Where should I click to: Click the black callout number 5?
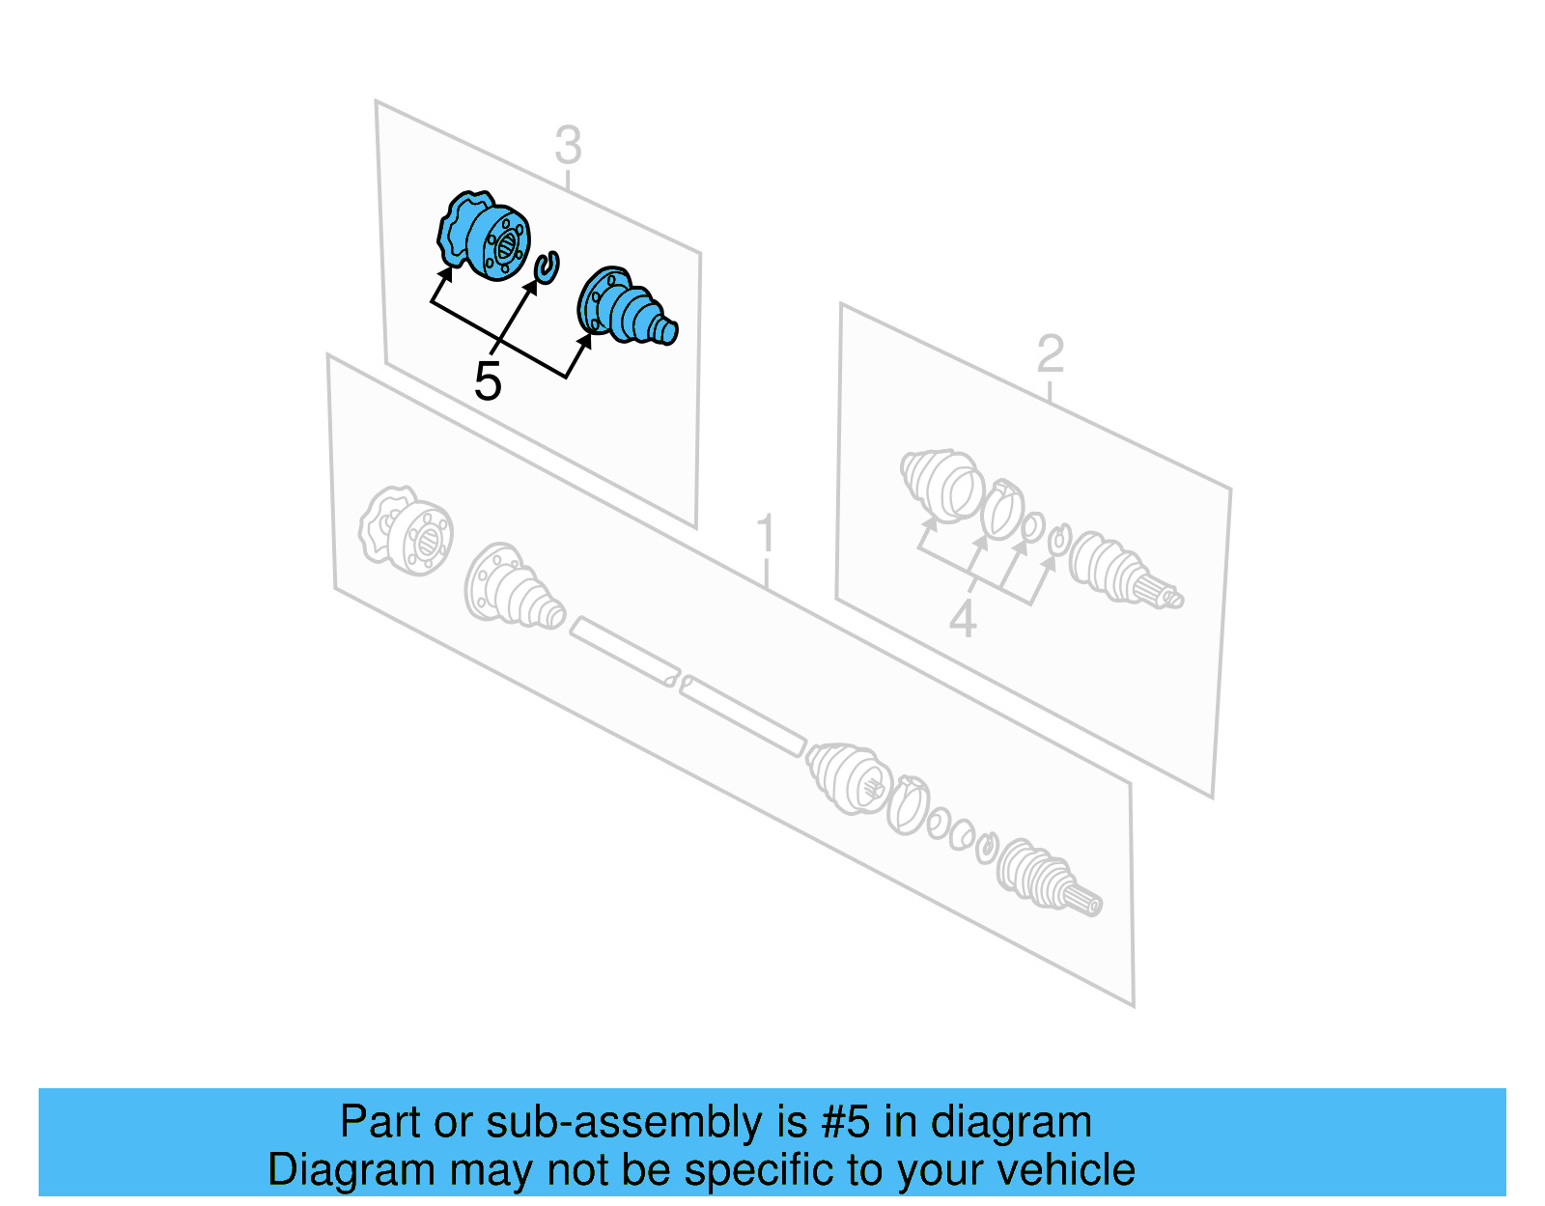[x=488, y=381]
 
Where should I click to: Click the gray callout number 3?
[x=568, y=145]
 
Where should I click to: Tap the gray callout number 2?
[x=1051, y=353]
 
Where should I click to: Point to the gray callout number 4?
[x=963, y=618]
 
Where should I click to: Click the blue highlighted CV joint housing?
[x=484, y=236]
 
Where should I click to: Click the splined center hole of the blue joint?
[x=506, y=247]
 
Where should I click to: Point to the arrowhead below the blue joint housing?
[x=446, y=273]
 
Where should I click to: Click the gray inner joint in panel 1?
[x=406, y=531]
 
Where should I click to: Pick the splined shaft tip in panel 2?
[x=1165, y=594]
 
